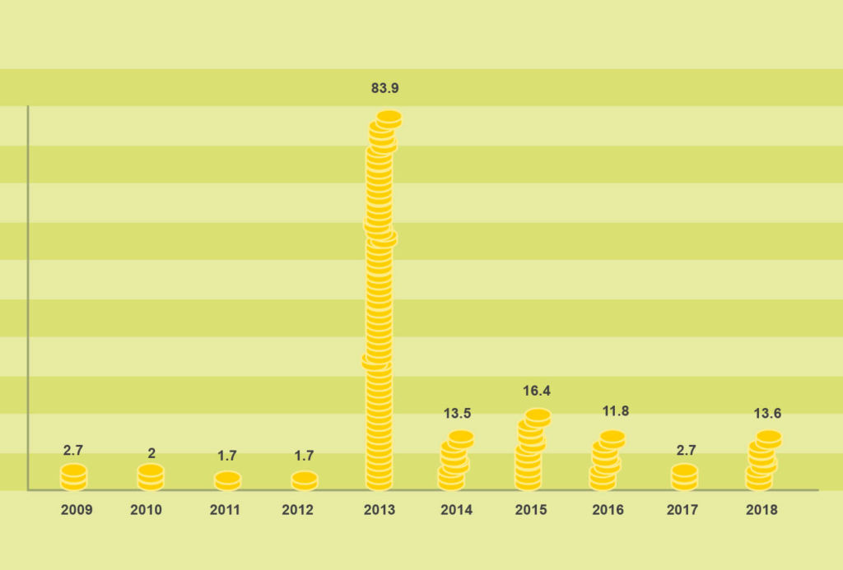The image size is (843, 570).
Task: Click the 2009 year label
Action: tap(77, 510)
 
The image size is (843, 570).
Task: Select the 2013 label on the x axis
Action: tap(380, 510)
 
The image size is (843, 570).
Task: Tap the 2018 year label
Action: tap(761, 510)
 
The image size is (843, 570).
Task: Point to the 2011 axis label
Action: tap(225, 510)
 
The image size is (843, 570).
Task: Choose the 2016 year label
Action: tap(608, 510)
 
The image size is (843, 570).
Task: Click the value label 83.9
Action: tap(384, 88)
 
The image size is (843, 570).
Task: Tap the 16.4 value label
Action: tap(537, 391)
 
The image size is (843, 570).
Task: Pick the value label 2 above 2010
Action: tap(151, 453)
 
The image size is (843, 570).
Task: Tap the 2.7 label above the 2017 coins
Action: tap(685, 450)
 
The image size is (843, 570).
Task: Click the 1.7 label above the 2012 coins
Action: tap(305, 455)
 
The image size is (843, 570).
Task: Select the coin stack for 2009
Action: tap(73, 477)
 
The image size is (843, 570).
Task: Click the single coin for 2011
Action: tap(227, 479)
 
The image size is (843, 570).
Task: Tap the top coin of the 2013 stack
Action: tap(389, 117)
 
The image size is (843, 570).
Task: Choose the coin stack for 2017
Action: tap(684, 477)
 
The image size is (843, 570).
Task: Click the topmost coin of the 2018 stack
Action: tap(769, 438)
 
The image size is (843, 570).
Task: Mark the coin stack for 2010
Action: tap(151, 477)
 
